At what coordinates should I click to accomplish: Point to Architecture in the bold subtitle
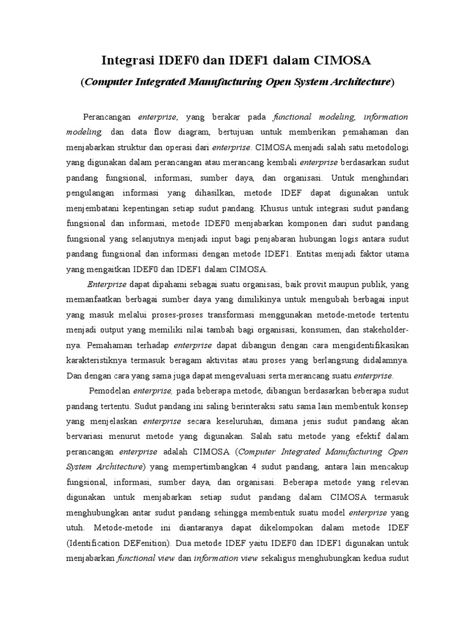(356, 82)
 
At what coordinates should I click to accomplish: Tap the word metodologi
(385, 147)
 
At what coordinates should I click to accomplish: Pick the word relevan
(393, 483)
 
